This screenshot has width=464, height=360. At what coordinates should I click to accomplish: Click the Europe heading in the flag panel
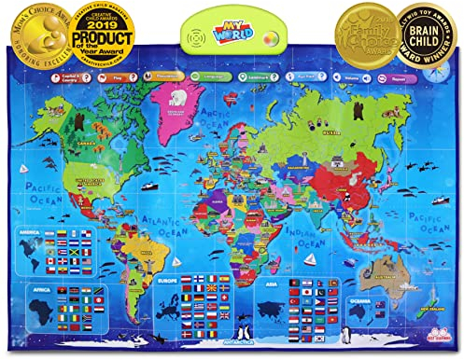click(165, 279)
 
